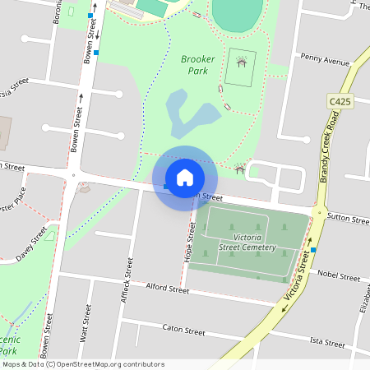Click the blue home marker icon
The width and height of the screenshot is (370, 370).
(185, 178)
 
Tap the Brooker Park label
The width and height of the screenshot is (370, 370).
(197, 65)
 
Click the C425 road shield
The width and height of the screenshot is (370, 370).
(340, 101)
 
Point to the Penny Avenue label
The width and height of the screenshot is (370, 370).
(325, 60)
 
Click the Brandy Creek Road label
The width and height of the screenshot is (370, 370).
(330, 143)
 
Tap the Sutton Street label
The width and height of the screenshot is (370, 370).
(349, 220)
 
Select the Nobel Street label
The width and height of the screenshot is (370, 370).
(338, 276)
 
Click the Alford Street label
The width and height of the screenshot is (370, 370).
(167, 289)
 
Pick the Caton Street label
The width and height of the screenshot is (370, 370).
(183, 331)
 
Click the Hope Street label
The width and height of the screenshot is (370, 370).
(191, 245)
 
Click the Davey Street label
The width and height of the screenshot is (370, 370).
(30, 245)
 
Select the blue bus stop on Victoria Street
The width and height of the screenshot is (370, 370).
(313, 250)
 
